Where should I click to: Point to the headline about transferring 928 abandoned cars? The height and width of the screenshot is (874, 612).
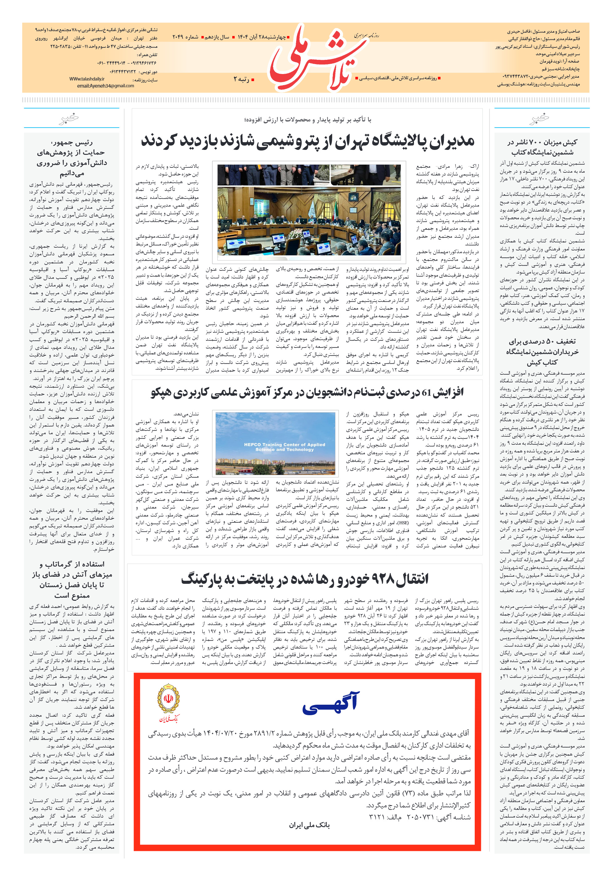click(x=305, y=579)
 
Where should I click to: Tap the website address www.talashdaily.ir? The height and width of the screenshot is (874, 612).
click(x=86, y=79)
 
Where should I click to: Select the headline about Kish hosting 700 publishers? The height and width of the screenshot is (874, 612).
click(x=542, y=147)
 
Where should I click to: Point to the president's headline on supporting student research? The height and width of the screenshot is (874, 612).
click(x=72, y=158)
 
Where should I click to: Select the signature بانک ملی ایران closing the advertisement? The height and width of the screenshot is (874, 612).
click(x=309, y=825)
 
